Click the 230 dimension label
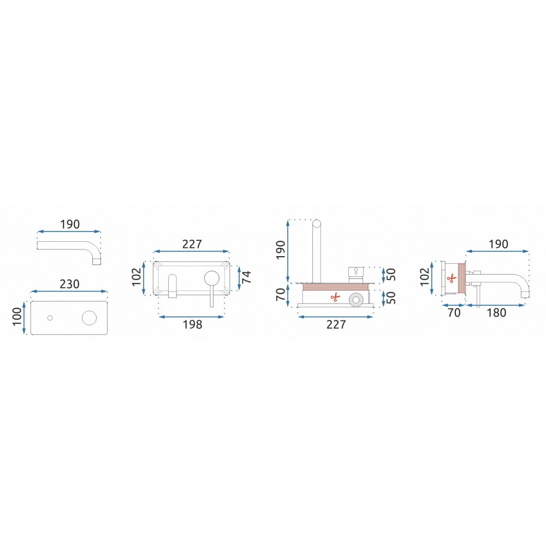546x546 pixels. pos(70,284)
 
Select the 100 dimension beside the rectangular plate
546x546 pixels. pos(17,317)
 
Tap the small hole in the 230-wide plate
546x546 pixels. pos(50,318)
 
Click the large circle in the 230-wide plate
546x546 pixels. pos(89,318)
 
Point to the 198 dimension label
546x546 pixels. pos(193,324)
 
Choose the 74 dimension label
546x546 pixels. pos(246,277)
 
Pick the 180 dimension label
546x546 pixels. pos(496,313)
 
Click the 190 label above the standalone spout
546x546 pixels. pos(70,224)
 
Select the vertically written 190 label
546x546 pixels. pos(281,250)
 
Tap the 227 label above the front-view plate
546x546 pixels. pos(192,244)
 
